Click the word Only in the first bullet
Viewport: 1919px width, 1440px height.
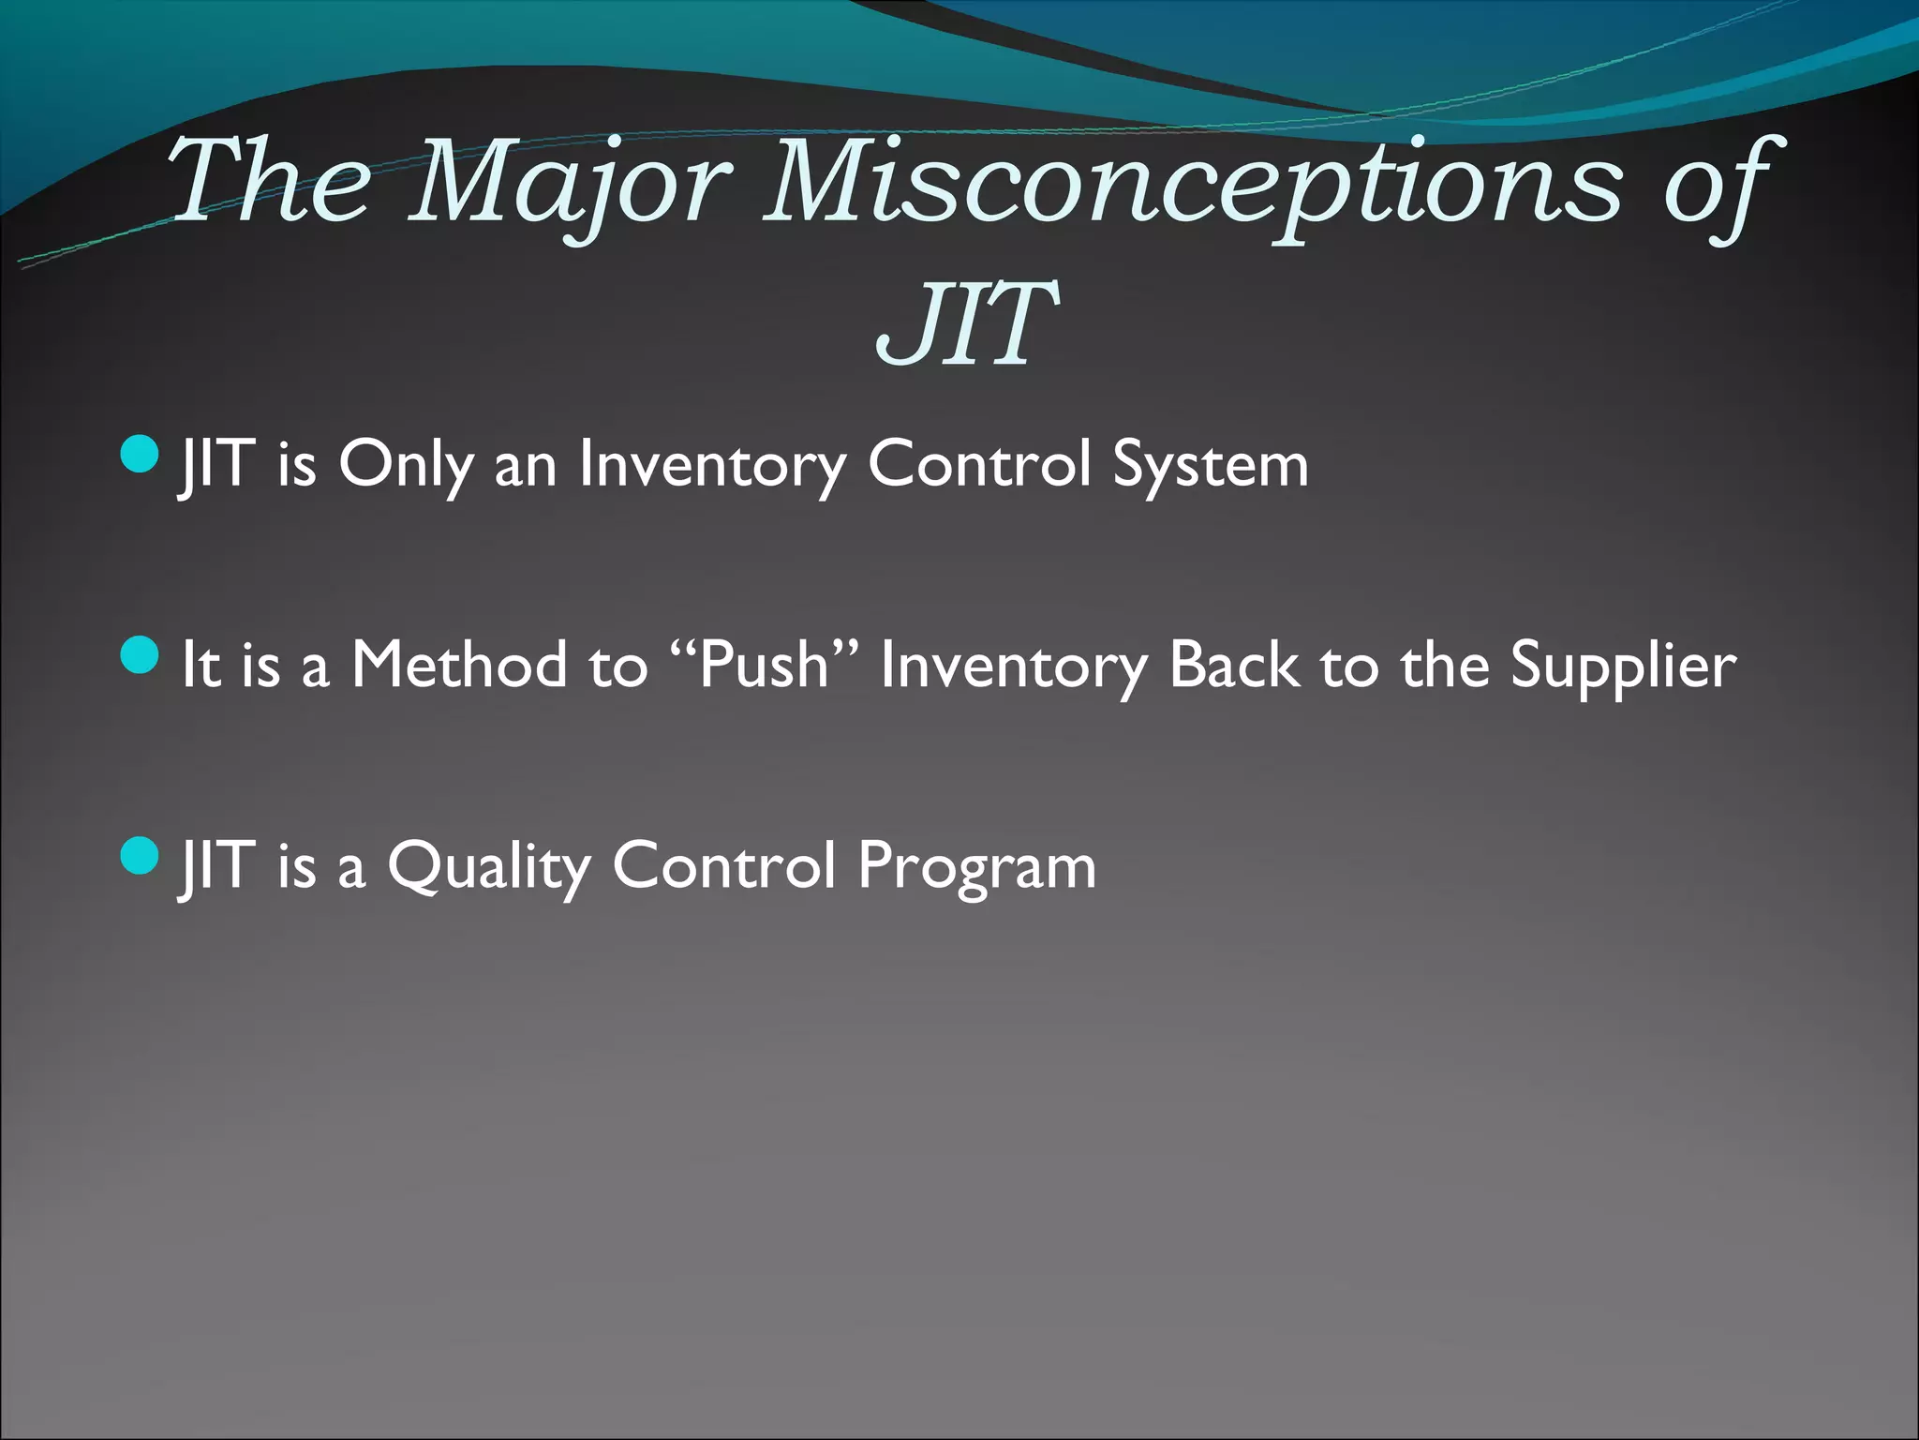(x=405, y=466)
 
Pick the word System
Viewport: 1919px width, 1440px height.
(x=1210, y=466)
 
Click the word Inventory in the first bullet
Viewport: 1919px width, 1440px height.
(x=712, y=466)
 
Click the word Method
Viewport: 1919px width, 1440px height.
(x=459, y=665)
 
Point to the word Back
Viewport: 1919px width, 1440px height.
(x=1234, y=665)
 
